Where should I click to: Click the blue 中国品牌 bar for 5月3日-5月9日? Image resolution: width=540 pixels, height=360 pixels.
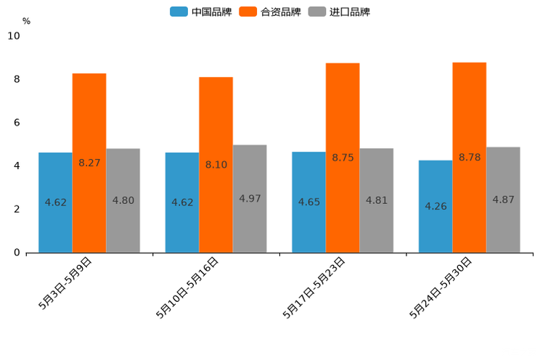point(55,218)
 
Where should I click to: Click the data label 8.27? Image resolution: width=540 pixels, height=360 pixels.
point(89,163)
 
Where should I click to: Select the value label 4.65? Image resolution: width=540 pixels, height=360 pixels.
point(309,202)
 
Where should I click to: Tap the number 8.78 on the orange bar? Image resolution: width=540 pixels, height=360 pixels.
point(470,157)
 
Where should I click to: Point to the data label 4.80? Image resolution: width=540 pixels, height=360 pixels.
point(123,200)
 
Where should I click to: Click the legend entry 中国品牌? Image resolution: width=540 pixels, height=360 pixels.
point(201,12)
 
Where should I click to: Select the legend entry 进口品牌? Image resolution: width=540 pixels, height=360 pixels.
point(339,12)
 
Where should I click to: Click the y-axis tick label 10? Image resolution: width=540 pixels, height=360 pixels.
point(14,36)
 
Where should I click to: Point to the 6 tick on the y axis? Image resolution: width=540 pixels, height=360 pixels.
point(17,123)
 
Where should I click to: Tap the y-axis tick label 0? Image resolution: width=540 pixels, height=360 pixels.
point(17,253)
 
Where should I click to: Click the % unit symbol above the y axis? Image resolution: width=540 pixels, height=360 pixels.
point(26,21)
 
